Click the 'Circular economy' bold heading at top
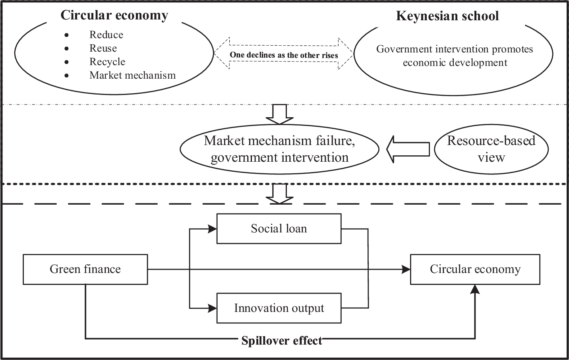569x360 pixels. pyautogui.click(x=114, y=15)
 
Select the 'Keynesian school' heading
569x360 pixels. pyautogui.click(x=447, y=16)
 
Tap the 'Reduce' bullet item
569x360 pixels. pyautogui.click(x=106, y=35)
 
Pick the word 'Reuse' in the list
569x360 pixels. pyautogui.click(x=103, y=48)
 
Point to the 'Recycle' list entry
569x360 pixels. pyautogui.click(x=107, y=62)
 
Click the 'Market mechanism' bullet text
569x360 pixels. pyautogui.click(x=132, y=75)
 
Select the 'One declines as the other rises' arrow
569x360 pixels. pyautogui.click(x=284, y=54)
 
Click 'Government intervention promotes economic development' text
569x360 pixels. pyautogui.click(x=455, y=56)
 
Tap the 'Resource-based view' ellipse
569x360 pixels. pyautogui.click(x=491, y=149)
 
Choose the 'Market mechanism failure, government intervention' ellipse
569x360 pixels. pyautogui.click(x=279, y=149)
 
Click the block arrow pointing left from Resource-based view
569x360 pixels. pyautogui.click(x=408, y=149)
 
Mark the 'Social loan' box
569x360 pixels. pyautogui.click(x=279, y=228)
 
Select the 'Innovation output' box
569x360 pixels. pyautogui.click(x=279, y=308)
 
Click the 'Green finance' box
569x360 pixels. pyautogui.click(x=85, y=269)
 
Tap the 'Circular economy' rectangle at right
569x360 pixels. pyautogui.click(x=475, y=269)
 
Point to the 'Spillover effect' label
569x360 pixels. pyautogui.click(x=282, y=341)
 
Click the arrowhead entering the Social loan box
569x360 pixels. pyautogui.click(x=213, y=228)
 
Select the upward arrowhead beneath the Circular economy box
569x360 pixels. pyautogui.click(x=475, y=289)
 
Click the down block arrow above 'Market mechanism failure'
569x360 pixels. pyautogui.click(x=279, y=114)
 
